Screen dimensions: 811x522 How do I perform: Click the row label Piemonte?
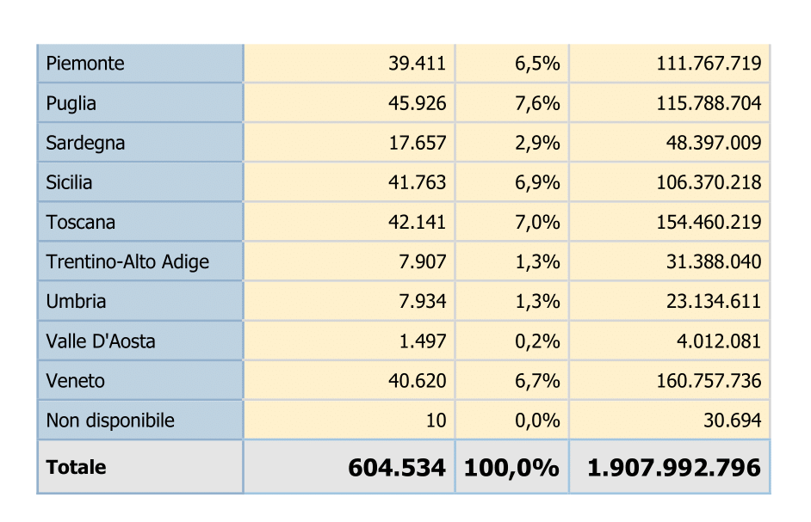coord(85,64)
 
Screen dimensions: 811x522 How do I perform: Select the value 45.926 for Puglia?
coord(417,103)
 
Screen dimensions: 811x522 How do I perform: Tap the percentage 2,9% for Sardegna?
coord(537,143)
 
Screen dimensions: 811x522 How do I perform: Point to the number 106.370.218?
coord(709,182)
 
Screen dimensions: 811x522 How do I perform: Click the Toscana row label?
coord(81,222)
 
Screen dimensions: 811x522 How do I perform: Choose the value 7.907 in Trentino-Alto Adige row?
coord(422,262)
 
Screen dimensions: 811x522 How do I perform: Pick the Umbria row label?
coord(76,301)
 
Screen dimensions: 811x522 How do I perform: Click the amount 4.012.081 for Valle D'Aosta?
coord(718,341)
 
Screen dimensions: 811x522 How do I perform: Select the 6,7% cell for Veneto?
coord(537,381)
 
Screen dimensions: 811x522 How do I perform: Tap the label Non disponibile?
coord(110,421)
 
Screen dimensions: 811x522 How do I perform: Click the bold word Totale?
coord(76,467)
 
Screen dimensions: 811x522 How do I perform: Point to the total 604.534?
coord(397,468)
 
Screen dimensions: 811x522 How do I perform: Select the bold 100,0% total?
coord(511,468)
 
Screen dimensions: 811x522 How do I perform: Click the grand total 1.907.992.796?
coord(674,468)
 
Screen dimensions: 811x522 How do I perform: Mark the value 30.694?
coord(733,421)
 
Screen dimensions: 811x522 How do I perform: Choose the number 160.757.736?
coord(709,381)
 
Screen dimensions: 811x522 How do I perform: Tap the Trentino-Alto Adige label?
coord(127,262)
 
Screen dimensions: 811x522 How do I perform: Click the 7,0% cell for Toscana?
coord(537,222)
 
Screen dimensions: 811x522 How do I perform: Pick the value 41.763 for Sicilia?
coord(417,182)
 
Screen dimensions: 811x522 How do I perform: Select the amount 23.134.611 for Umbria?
coord(713,301)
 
